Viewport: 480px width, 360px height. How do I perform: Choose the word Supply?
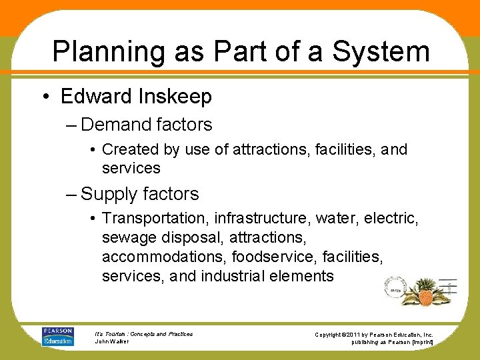(x=109, y=194)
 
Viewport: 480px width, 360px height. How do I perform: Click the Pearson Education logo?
(x=59, y=336)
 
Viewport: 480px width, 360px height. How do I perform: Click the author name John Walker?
(x=112, y=341)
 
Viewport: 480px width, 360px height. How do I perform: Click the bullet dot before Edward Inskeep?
(x=44, y=97)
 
